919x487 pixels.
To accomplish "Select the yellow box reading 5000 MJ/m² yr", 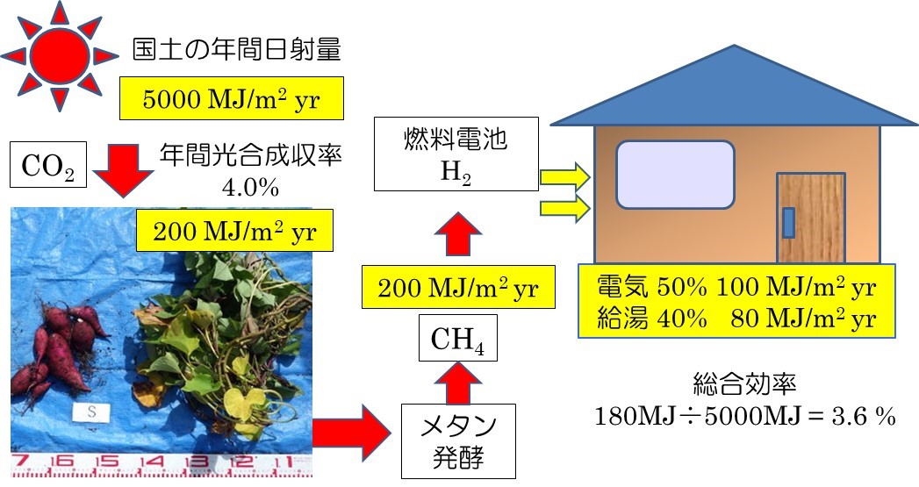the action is [x=232, y=98].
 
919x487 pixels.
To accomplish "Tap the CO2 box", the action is [x=48, y=165].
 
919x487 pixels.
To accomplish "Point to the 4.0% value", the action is [x=250, y=187].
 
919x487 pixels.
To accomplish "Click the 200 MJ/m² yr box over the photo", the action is [x=234, y=230].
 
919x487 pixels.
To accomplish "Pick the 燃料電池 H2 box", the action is [x=456, y=154].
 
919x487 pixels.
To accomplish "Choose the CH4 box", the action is [x=457, y=338].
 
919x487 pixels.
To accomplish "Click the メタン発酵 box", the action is [x=458, y=440].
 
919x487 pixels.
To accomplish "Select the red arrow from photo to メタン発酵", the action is [x=352, y=433].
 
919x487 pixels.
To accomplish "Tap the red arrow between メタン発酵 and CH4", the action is [x=457, y=383].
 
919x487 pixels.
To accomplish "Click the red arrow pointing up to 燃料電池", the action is [x=457, y=233].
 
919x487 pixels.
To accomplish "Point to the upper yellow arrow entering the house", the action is [x=564, y=176].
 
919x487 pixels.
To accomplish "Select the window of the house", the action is [x=675, y=175].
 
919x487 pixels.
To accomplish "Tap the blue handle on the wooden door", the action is [x=789, y=223].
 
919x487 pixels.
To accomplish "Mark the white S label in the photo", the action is [x=91, y=412].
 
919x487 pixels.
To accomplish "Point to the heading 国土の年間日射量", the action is [x=236, y=50].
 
